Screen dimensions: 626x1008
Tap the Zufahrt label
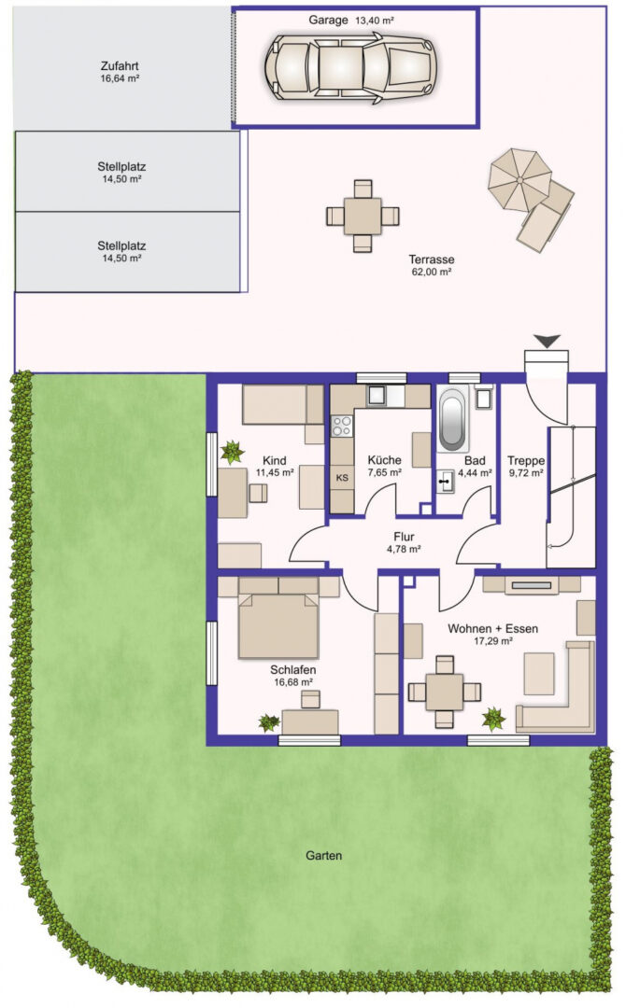pos(120,66)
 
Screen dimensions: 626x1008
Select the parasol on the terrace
pos(519,178)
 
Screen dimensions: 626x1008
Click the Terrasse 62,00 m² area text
pos(431,272)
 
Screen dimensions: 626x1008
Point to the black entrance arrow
pos(547,342)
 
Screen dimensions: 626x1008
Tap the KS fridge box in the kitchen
pos(342,478)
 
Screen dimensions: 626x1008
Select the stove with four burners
pos(342,426)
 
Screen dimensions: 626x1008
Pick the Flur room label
pos(404,537)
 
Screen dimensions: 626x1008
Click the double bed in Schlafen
pos(278,624)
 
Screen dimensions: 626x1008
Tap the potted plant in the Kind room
pos(232,452)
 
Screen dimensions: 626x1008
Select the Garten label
pos(323,856)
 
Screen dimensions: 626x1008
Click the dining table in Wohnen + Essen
pos(444,692)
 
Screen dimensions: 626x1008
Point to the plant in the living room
pos(494,718)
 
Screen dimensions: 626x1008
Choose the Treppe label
pos(526,461)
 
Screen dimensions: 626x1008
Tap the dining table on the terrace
pos(363,216)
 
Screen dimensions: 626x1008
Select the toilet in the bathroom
pos(485,398)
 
